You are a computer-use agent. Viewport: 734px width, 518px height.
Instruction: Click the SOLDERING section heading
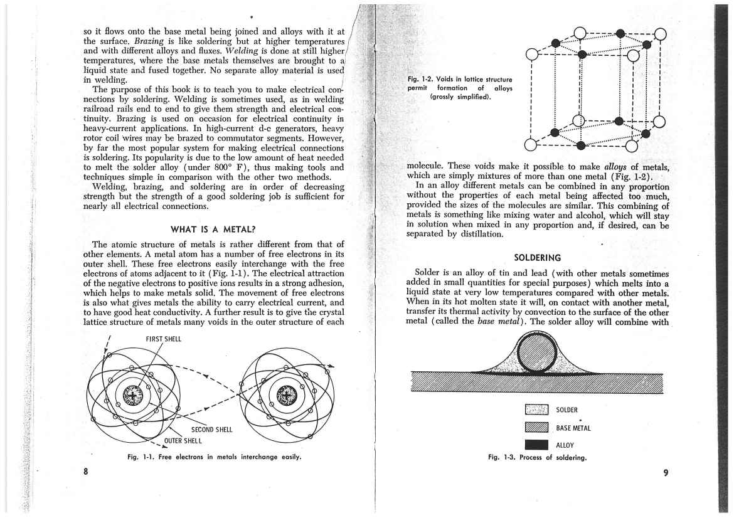538,257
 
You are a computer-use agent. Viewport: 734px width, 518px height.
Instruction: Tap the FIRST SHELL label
162,339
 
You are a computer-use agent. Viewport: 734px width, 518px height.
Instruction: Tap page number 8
86,472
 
